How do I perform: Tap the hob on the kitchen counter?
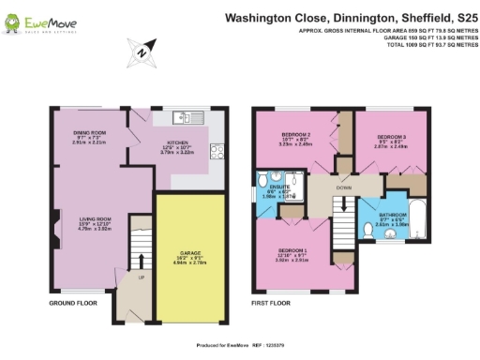(217, 151)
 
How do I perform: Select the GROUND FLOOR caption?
(73, 304)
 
